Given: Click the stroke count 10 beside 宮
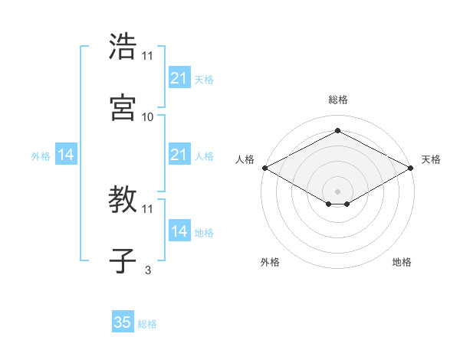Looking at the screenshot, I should [x=148, y=116].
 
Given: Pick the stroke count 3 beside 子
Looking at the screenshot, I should [x=148, y=270].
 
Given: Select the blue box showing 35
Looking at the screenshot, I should [x=123, y=322].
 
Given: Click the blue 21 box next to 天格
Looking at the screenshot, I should [x=179, y=78].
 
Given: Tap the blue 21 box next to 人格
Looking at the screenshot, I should [x=179, y=155].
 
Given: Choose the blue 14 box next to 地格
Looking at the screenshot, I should [x=179, y=231].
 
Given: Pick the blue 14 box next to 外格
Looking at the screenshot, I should [x=66, y=155].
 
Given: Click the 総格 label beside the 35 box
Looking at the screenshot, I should [x=147, y=324].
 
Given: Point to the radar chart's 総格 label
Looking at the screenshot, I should [x=337, y=100].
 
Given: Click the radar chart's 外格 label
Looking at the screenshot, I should [x=270, y=262].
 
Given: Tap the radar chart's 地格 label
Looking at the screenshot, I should [x=402, y=262].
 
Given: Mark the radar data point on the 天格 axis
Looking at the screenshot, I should [x=412, y=168].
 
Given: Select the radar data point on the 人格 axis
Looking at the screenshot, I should [x=264, y=168].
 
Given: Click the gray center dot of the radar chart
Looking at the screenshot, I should [x=337, y=190].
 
